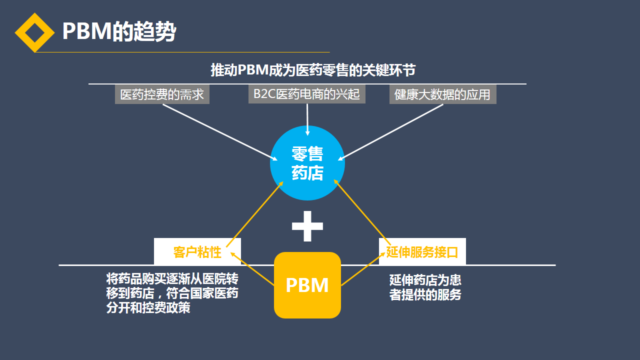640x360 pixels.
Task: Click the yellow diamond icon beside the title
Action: click(34, 32)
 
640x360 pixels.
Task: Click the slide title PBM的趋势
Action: click(119, 32)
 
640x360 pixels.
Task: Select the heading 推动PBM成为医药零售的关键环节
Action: click(313, 70)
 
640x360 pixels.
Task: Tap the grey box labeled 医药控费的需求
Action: click(162, 94)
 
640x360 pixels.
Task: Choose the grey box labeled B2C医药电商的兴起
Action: click(306, 94)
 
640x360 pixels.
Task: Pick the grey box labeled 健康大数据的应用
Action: click(442, 94)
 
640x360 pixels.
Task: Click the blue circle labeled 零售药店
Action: click(307, 163)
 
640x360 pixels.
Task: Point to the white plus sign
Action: click(307, 225)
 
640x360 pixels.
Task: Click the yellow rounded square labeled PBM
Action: click(307, 285)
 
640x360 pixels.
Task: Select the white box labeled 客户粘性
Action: click(197, 251)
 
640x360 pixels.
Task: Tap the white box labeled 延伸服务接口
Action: click(422, 251)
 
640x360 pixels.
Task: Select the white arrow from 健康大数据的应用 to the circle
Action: click(392, 132)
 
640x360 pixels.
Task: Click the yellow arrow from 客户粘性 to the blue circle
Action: click(254, 214)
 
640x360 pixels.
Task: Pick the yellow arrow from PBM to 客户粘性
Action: click(252, 268)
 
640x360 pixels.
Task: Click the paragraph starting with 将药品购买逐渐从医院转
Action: click(172, 293)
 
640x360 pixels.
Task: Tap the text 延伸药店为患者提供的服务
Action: click(425, 287)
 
